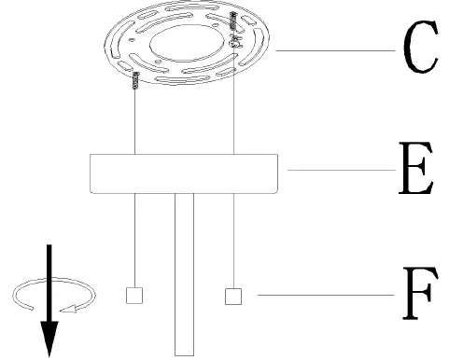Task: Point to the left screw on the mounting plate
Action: (x=137, y=81)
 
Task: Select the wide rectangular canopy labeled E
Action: (x=187, y=173)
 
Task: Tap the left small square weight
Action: (x=134, y=296)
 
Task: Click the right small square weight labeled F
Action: (x=233, y=296)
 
